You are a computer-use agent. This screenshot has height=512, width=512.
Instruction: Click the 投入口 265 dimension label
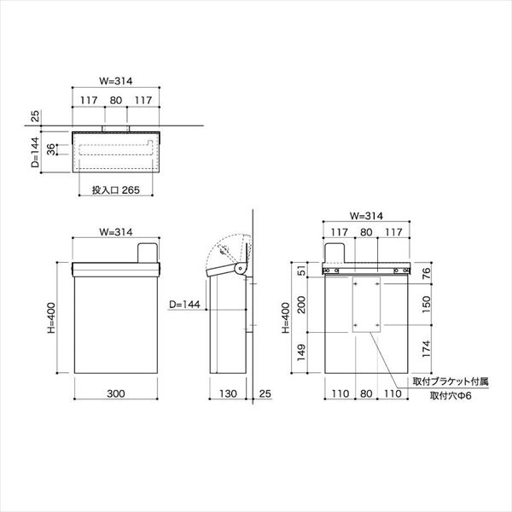tap(115, 190)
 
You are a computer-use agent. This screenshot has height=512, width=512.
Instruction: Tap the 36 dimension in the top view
tap(51, 149)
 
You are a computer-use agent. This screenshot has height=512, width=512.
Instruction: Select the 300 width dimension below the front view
tap(116, 393)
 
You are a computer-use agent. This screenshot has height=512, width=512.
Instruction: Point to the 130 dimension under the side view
tap(228, 393)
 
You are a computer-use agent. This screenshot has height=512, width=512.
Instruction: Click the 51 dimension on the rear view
tap(302, 271)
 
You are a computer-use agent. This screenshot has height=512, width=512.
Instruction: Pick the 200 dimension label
tap(302, 305)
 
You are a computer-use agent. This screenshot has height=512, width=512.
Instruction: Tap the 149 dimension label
tap(302, 352)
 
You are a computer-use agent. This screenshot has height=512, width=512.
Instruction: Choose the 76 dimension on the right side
tap(427, 274)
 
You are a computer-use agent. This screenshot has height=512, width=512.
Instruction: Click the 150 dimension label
tap(427, 305)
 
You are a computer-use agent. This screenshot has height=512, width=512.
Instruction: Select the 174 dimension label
tap(427, 349)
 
